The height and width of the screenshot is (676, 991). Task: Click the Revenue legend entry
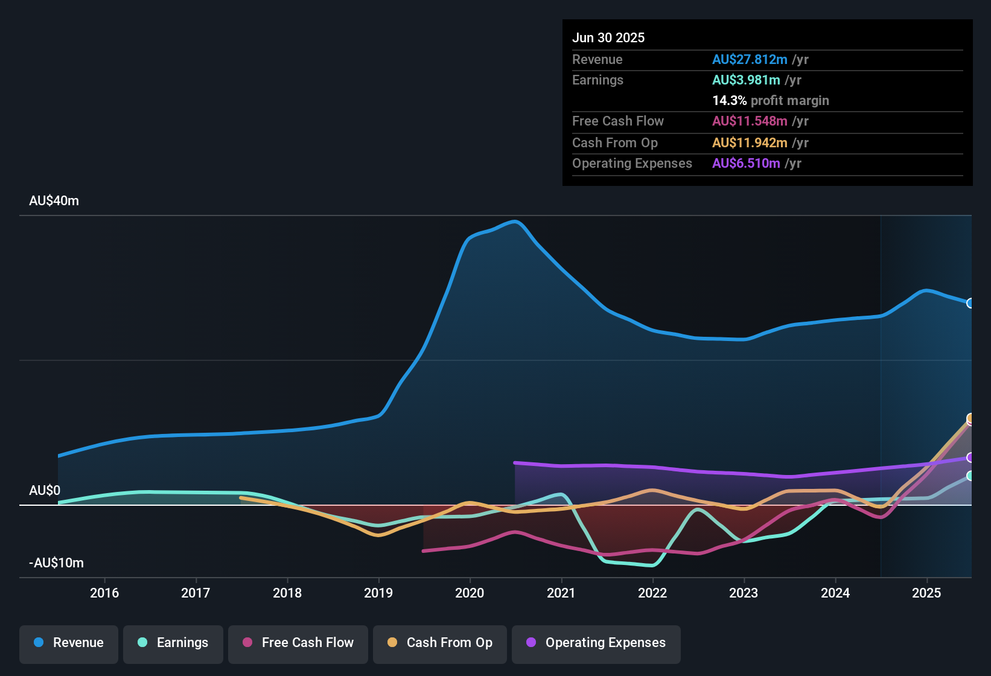69,643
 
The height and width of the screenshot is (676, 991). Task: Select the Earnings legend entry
173,643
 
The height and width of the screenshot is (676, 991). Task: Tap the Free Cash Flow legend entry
298,643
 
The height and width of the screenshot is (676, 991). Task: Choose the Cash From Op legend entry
440,643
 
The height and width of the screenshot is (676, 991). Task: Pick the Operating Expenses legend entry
596,643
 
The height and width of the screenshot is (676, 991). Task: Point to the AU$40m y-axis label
54,201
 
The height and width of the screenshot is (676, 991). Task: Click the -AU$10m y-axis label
56,563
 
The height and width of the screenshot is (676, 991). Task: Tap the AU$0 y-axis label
45,491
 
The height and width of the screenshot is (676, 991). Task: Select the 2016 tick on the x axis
104,593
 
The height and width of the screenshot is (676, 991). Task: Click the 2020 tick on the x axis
470,593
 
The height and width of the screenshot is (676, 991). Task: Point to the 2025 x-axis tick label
926,593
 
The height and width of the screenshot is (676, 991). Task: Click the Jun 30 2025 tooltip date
608,38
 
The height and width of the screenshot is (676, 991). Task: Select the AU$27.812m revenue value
750,60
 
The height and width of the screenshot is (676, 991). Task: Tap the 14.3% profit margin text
771,101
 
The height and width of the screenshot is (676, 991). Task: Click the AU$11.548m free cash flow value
750,121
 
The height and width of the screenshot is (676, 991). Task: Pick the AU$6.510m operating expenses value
746,164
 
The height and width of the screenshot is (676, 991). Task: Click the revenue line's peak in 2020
515,222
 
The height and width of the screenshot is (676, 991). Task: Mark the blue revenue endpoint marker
970,303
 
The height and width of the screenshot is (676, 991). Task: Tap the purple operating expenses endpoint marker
970,458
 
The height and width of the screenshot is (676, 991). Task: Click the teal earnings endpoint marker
970,476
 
